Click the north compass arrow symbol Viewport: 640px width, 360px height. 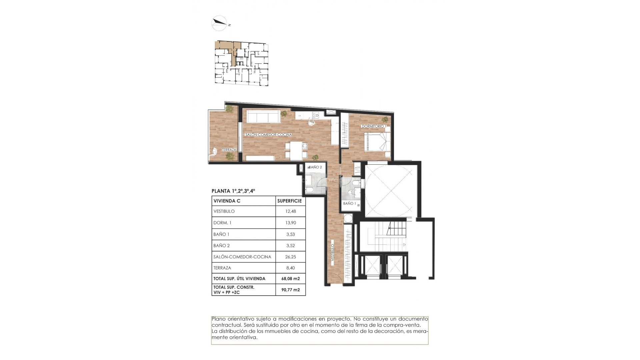point(220,23)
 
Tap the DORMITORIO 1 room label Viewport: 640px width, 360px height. point(374,126)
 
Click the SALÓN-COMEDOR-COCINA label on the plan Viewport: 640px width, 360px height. point(268,135)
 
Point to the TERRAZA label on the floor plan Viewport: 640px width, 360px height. point(229,150)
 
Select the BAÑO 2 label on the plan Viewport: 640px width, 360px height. point(315,167)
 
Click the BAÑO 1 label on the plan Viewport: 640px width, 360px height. point(350,203)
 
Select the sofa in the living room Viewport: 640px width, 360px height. point(263,117)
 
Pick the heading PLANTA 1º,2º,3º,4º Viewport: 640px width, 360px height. point(233,191)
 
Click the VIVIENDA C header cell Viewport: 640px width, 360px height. point(227,201)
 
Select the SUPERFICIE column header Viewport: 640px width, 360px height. point(289,201)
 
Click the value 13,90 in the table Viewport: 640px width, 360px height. point(291,223)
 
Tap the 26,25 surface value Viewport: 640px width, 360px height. point(291,257)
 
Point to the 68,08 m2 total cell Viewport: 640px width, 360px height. point(291,279)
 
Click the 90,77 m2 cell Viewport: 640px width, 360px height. point(291,290)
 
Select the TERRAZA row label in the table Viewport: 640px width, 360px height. point(222,268)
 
